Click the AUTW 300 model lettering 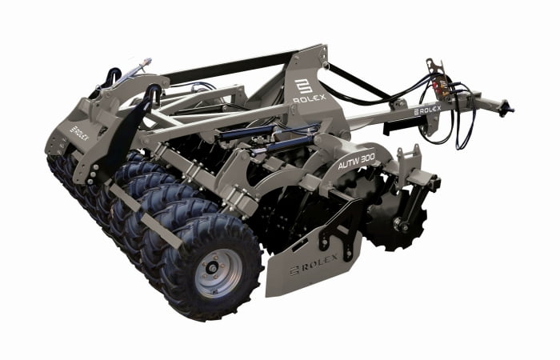356,162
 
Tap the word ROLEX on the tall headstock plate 310,98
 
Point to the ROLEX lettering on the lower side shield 320,263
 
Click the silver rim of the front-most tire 218,274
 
